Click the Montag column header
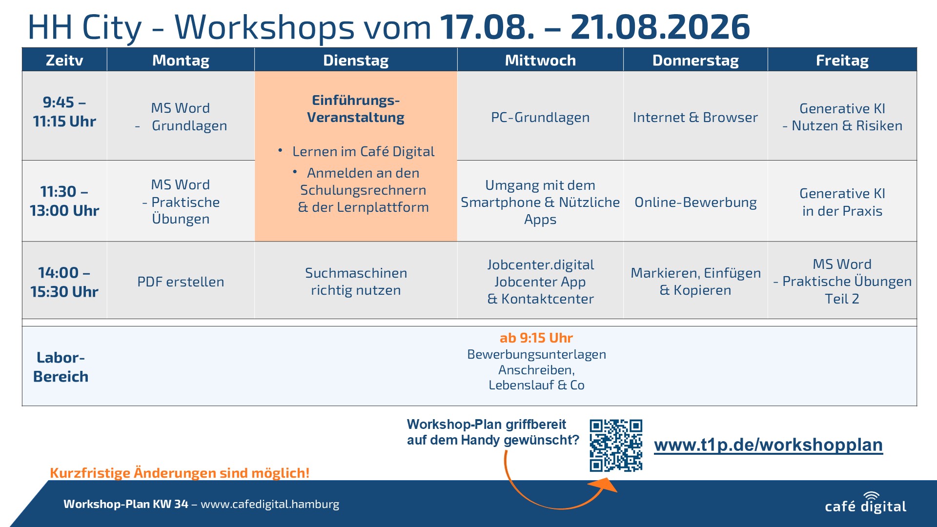pos(181,60)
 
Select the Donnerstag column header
pos(695,60)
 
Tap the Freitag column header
pos(842,60)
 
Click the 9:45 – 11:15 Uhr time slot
pos(64,112)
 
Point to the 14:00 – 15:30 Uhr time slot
pos(64,282)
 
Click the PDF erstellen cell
pos(181,282)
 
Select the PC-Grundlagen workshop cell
pos(540,117)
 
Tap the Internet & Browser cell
pos(695,117)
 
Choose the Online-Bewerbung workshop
pos(695,202)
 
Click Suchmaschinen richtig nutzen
pos(356,282)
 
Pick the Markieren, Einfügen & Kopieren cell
pos(695,282)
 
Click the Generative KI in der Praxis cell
pos(842,202)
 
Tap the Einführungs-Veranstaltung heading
pos(356,109)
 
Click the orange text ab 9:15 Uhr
pos(536,338)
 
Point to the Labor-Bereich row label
pos(61,367)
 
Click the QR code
pos(616,445)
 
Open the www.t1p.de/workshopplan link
pos(768,445)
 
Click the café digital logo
pos(866,503)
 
